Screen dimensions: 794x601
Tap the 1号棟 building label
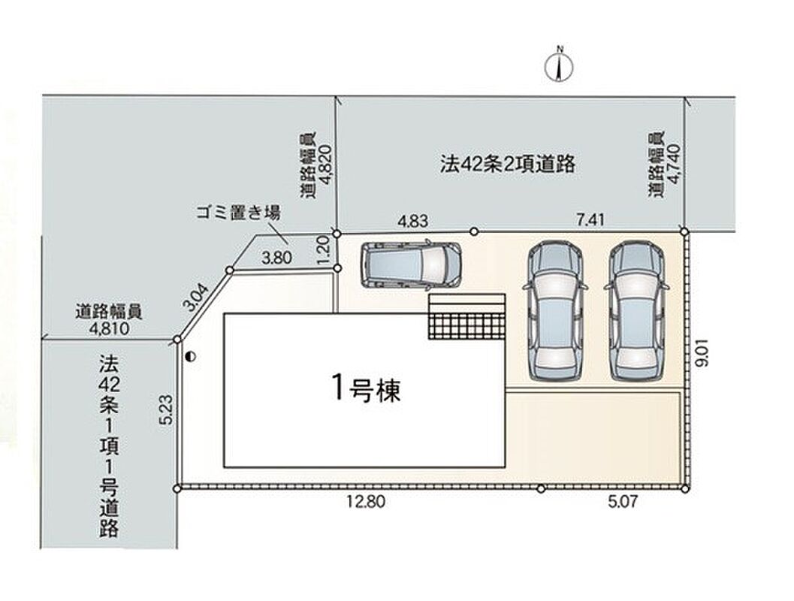pos(366,389)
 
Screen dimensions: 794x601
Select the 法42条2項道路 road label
pos(507,164)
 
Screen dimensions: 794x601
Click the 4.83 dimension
pos(412,221)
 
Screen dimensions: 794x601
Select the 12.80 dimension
pos(366,501)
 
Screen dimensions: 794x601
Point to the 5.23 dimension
pos(168,409)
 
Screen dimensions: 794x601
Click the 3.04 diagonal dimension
pos(195,297)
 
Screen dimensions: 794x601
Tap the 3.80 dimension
pos(276,258)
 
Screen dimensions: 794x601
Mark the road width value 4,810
pos(110,328)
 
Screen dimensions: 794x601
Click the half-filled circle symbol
pos(190,356)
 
